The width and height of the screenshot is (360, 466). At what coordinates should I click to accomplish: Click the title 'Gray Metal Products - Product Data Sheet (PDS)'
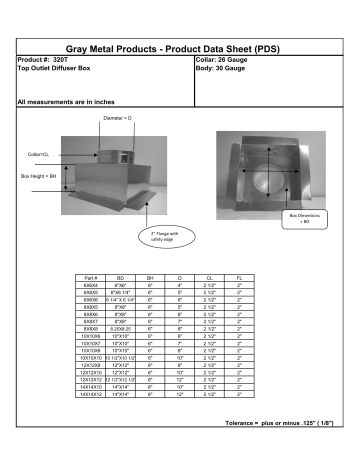pos(179,48)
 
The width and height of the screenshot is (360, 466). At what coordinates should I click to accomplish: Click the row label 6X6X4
pos(91,285)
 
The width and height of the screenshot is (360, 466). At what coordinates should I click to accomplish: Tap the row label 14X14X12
pos(91,397)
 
